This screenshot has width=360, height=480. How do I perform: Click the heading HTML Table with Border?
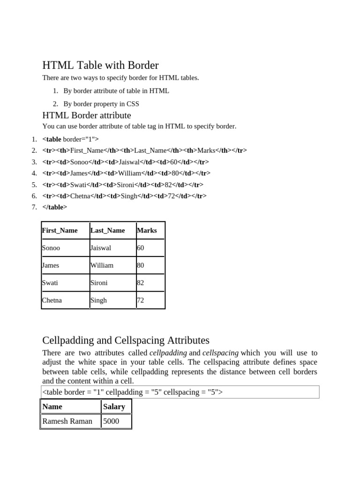(x=100, y=65)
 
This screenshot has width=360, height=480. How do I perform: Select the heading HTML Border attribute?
(x=87, y=115)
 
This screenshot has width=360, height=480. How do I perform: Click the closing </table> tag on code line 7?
(x=55, y=207)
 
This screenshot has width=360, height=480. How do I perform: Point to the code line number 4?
(x=34, y=173)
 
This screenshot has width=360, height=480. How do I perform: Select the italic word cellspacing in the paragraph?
(x=220, y=353)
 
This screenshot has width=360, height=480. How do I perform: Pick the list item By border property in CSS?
(x=101, y=104)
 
